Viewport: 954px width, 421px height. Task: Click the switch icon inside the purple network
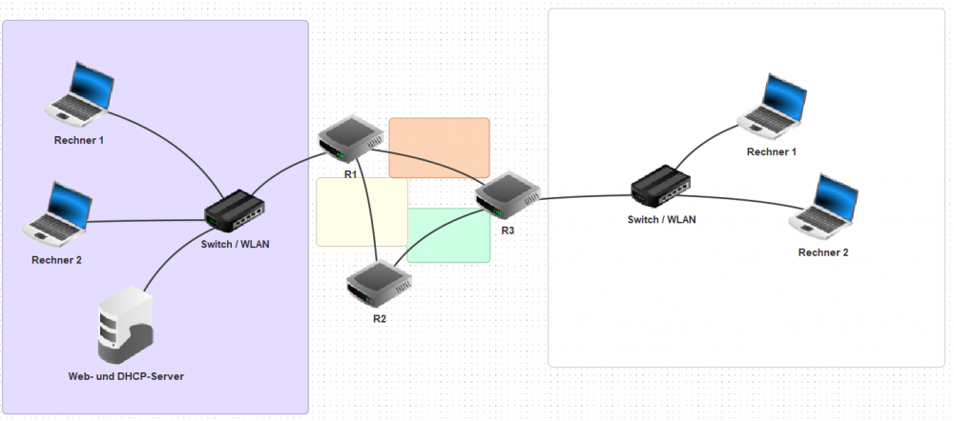234,209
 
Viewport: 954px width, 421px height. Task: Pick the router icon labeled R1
347,140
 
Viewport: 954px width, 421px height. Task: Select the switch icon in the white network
663,187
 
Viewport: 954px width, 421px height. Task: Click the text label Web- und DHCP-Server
126,377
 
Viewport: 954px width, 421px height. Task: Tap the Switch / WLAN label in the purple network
236,244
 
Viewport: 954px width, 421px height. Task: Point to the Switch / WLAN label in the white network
661,220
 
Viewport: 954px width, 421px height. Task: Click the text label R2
380,318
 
